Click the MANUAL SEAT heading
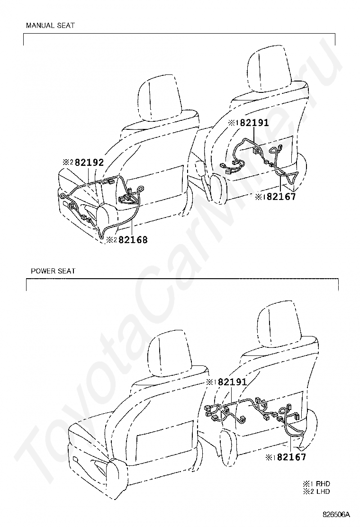pos(50,26)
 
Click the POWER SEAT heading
pos(53,271)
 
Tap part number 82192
pos(89,162)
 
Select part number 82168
pos(133,240)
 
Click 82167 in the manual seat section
pos(281,197)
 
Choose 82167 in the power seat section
pos(291,457)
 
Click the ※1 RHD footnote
pos(317,484)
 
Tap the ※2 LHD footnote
pos(317,491)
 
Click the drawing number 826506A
pos(336,514)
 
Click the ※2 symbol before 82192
pos(68,162)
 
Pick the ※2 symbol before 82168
pos(111,240)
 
